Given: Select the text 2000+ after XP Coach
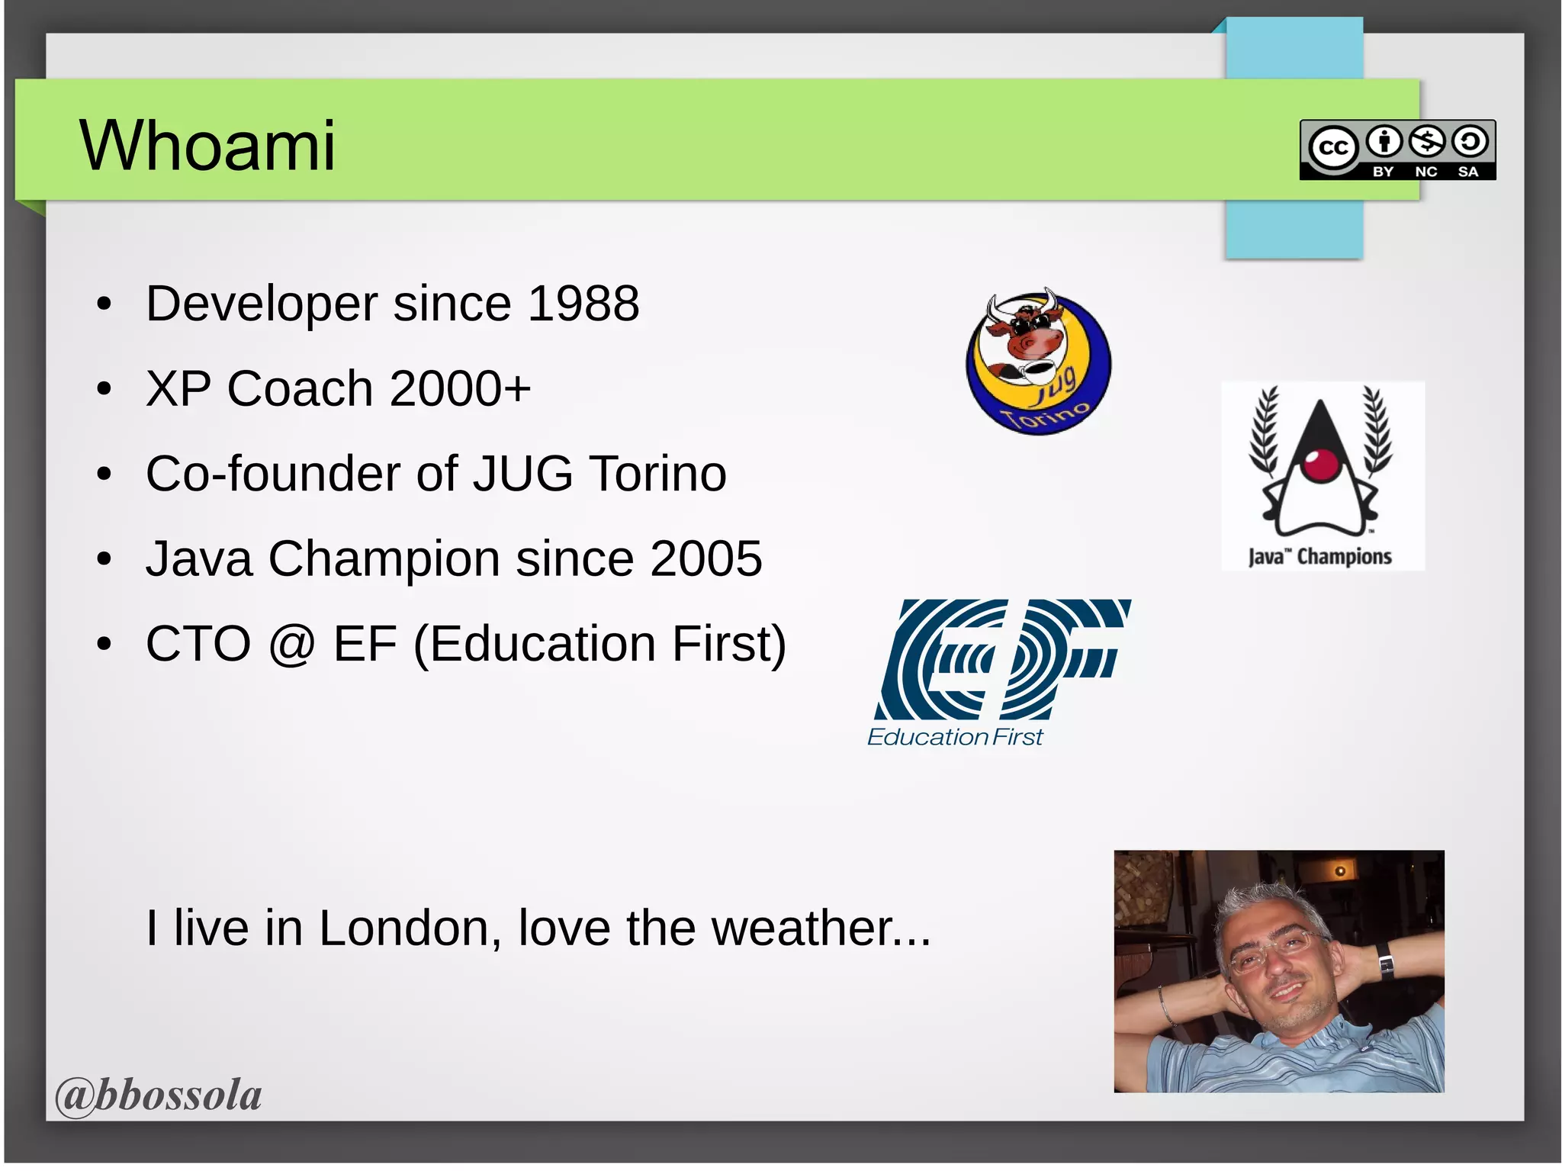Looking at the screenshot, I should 461,388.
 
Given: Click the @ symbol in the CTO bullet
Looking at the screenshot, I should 291,645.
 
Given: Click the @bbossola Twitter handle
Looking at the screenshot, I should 159,1095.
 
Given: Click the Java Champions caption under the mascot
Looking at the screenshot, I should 1320,557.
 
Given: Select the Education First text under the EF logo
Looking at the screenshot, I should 954,737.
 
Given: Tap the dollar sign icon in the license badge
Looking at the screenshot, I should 1427,141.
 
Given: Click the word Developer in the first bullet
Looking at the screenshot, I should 262,304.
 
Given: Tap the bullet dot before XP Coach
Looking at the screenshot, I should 104,390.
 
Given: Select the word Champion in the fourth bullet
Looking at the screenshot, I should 384,558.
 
